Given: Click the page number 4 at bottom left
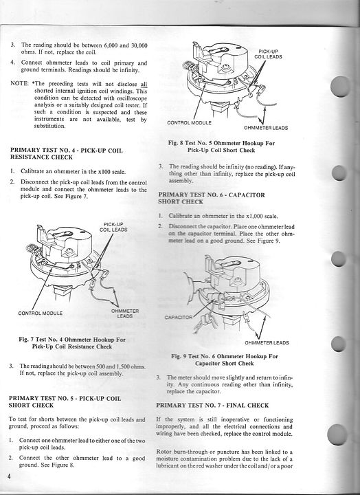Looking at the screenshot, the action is coord(9,476).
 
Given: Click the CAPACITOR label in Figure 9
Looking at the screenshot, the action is coord(178,317).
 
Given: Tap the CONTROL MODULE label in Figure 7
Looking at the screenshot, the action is coord(41,313).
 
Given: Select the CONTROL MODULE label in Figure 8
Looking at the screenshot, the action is coord(190,122).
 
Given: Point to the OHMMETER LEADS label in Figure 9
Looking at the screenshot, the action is coord(267,342).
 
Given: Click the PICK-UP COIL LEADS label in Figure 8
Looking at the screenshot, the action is coord(268,54).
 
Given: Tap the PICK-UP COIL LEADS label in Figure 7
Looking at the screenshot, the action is coord(113,227).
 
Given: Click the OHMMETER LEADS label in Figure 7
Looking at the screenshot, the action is coord(125,313).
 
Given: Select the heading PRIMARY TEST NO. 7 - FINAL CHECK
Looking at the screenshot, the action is coord(212,406).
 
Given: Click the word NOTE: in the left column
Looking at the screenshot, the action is coord(19,83).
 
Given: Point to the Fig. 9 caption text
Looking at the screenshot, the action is coord(225,360).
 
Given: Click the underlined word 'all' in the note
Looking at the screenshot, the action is coord(144,84).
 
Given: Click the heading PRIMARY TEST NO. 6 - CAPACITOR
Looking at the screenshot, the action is coord(212,195).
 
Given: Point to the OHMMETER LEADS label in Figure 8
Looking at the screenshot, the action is coord(266,128).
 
